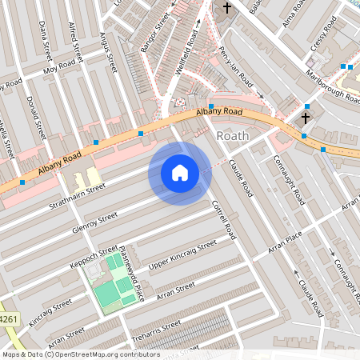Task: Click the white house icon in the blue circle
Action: [180, 173]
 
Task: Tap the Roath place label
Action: [233, 136]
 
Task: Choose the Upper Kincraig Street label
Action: [182, 254]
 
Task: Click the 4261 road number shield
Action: [7, 319]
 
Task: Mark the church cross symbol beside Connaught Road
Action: [304, 118]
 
